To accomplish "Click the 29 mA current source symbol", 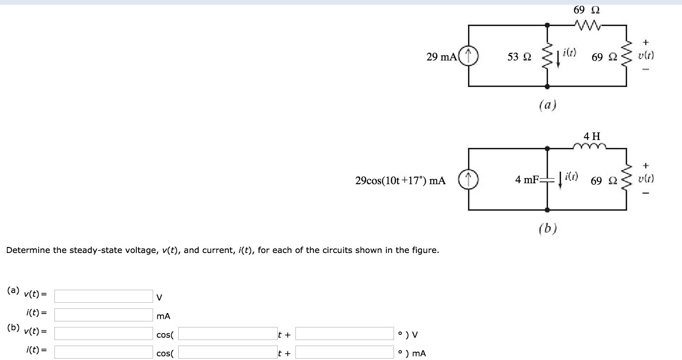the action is pos(468,56).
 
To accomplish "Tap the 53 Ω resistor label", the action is pos(519,57).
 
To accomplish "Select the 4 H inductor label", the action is pos(592,136).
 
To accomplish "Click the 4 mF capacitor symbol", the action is pos(547,180).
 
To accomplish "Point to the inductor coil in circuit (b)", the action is pos(589,146).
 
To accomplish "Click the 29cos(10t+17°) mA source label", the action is pos(401,180).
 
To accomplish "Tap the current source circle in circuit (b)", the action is pos(468,180).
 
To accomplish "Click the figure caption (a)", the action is pos(548,105).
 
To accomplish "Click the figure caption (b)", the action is pos(548,228).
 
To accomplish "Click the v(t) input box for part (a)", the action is pos(104,296).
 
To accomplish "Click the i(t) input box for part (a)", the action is pos(104,315).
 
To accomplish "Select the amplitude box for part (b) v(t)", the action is pos(104,333).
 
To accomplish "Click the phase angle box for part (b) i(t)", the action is pos(344,352).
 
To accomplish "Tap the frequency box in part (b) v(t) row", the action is pos(228,333).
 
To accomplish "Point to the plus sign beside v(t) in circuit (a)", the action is pos(645,42).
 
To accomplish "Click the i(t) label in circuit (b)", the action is pos(571,176).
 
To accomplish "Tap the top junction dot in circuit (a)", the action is pos(547,25).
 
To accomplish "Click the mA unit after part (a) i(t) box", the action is pos(163,316).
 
